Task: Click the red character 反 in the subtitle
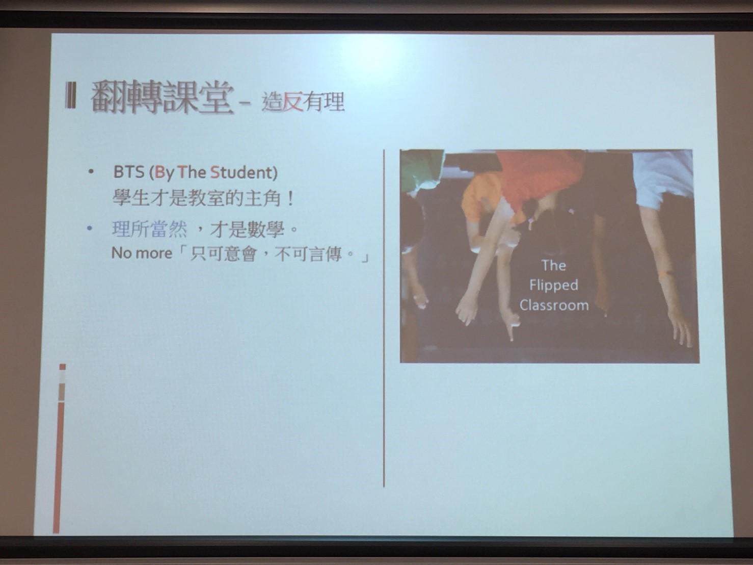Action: pos(292,102)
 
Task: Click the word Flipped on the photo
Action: pos(553,286)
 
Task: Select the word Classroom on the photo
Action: pos(554,305)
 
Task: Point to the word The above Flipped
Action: pos(553,265)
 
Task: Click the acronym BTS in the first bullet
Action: pos(129,172)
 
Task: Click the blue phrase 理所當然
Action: pos(150,229)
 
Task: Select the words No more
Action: pos(142,253)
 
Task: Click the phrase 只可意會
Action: pos(223,254)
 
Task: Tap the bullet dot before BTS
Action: pos(91,172)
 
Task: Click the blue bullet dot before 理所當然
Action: pos(90,228)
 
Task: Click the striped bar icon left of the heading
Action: pos(71,96)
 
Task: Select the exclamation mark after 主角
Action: pos(291,199)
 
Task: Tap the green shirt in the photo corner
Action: pos(421,169)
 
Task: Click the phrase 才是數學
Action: pos(247,229)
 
